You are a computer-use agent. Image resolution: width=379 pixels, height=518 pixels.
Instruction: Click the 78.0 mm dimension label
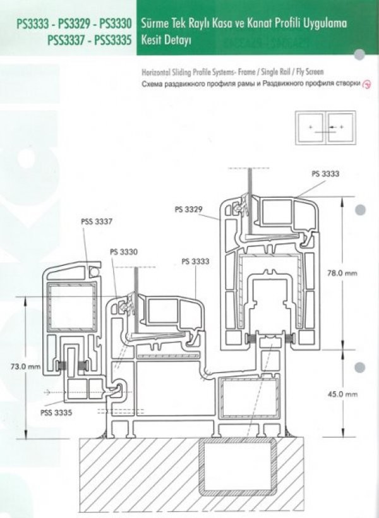point(342,273)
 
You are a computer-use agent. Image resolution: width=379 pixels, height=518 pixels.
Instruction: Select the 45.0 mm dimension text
point(342,394)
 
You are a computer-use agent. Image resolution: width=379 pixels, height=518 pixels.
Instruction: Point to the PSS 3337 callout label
point(97,222)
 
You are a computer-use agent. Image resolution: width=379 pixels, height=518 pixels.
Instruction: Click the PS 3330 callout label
point(124,252)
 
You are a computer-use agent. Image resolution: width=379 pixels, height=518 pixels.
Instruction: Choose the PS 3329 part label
point(189,209)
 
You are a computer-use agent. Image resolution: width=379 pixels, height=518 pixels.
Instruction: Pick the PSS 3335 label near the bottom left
point(56,413)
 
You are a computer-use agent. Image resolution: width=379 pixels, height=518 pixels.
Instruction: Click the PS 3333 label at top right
point(325,174)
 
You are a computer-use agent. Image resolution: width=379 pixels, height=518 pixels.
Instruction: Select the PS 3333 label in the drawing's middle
point(196,262)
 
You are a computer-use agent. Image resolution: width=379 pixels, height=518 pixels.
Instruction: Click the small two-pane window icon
point(325,128)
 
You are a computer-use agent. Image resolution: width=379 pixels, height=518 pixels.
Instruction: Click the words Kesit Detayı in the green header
point(166,41)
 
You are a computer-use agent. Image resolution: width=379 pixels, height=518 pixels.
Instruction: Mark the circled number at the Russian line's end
point(367,85)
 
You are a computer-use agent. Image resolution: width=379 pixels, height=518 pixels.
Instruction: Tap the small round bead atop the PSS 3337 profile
point(94,272)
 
